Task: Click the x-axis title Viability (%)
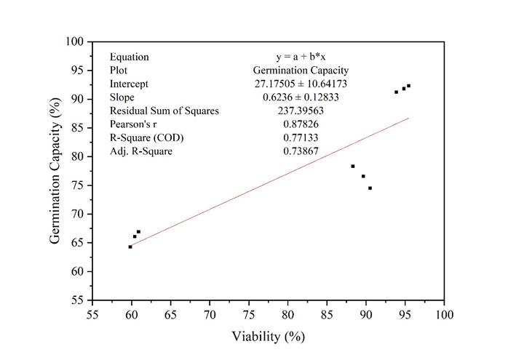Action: (x=267, y=337)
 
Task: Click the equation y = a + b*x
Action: (x=301, y=57)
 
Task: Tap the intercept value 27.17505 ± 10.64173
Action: (x=301, y=84)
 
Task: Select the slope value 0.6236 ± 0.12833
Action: (x=301, y=97)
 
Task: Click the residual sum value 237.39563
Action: (x=301, y=111)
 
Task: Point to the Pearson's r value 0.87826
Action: (x=301, y=124)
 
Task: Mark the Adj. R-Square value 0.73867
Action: (x=301, y=151)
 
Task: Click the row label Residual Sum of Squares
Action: (x=164, y=111)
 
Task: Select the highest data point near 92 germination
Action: (x=408, y=86)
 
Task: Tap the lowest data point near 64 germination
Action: (x=130, y=247)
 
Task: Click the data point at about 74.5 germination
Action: (x=370, y=188)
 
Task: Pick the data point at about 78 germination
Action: (x=353, y=167)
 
